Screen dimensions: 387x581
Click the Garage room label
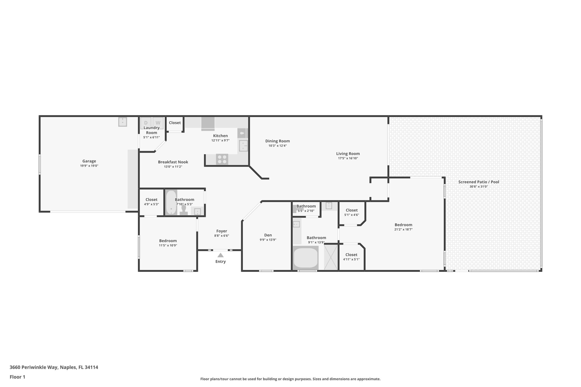89,161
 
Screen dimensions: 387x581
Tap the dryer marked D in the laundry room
146,123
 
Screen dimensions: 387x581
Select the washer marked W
158,123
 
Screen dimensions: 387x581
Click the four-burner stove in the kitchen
222,159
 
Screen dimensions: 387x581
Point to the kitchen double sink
243,146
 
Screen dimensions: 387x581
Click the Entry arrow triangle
220,255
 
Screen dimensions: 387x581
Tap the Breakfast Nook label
173,162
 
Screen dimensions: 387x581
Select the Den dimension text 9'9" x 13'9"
268,240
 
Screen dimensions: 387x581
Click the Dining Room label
277,141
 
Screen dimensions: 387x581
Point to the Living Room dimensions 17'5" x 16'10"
348,158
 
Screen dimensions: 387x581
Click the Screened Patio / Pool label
479,182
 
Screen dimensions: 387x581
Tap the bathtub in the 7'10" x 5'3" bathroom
171,202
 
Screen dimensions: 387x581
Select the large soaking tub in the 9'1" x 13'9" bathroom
306,258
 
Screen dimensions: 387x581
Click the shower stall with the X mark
331,257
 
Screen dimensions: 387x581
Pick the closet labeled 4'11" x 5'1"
351,257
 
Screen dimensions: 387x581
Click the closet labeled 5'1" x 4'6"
351,212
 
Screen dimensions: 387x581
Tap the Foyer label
222,231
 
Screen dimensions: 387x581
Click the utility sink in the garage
123,122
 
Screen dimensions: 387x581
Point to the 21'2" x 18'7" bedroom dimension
403,230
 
